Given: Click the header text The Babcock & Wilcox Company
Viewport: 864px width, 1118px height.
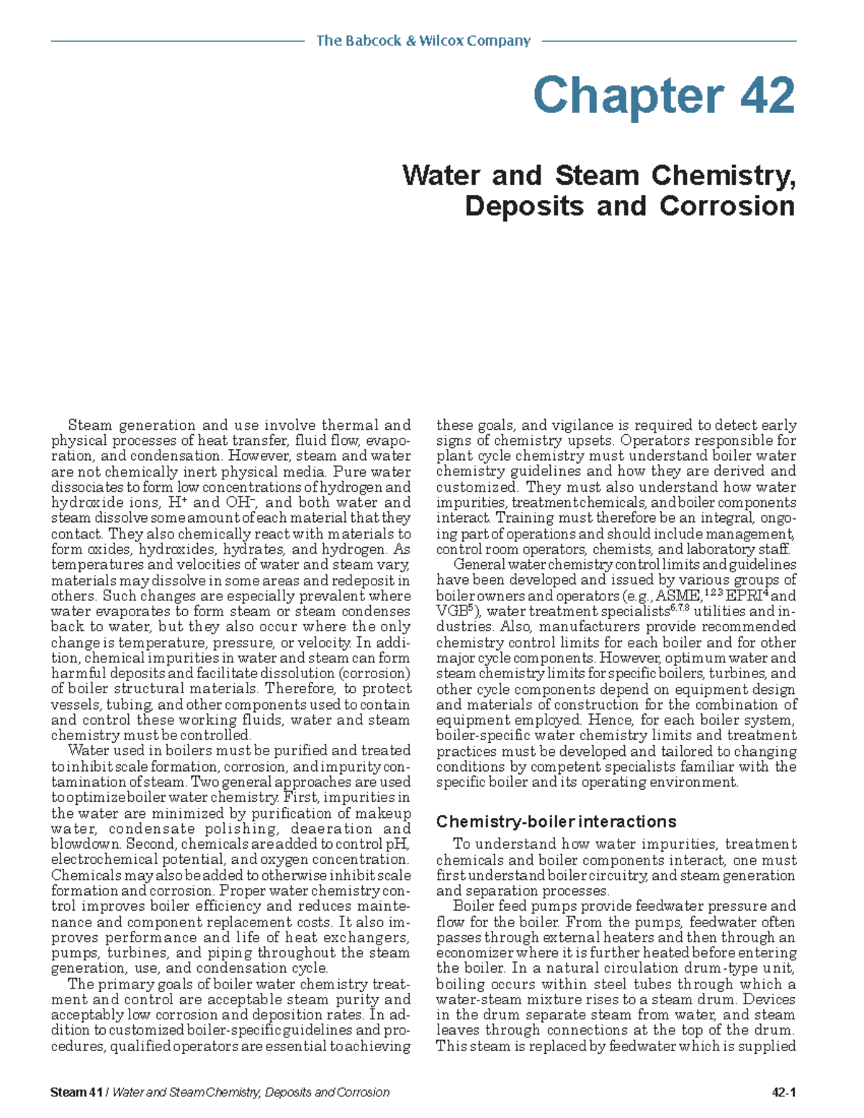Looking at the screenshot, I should (x=423, y=41).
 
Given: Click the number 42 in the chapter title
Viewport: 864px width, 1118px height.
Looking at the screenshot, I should (x=760, y=96).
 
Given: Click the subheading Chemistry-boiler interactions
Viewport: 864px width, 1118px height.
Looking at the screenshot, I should (x=556, y=821).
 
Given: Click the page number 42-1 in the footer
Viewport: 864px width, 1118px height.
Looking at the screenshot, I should (x=783, y=1092).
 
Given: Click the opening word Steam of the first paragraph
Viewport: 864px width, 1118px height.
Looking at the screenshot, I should (x=90, y=425).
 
